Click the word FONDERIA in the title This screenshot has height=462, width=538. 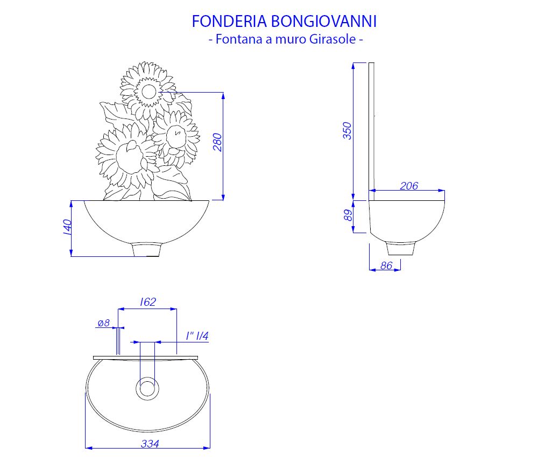(x=229, y=22)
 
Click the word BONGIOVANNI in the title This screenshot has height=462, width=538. (x=324, y=22)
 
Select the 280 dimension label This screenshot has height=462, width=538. (x=217, y=142)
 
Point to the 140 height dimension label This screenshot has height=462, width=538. (x=67, y=227)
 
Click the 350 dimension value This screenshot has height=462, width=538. (x=347, y=130)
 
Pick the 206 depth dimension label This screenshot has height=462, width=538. (x=409, y=186)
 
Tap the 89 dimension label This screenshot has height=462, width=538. (x=348, y=215)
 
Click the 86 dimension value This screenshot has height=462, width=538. (x=386, y=265)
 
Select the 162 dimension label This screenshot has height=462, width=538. (x=148, y=302)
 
